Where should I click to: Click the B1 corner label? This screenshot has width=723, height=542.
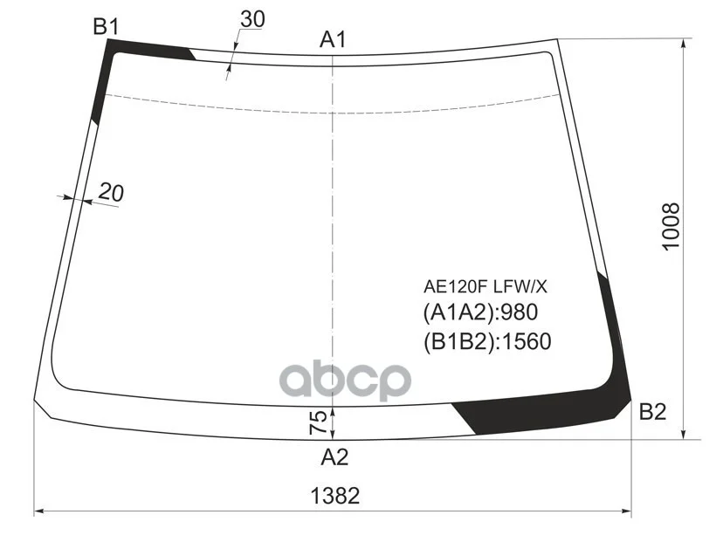106,26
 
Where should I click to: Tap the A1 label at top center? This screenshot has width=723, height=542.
333,39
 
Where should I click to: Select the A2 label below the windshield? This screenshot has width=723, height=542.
334,457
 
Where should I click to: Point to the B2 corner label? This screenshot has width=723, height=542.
652,412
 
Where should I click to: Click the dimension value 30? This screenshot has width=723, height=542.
252,19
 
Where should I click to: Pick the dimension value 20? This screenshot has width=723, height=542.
111,192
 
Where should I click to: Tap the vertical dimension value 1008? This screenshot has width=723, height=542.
671,226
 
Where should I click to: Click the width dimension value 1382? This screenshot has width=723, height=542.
334,496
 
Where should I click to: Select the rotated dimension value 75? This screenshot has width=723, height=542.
318,422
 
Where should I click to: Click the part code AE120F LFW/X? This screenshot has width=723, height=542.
485,286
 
